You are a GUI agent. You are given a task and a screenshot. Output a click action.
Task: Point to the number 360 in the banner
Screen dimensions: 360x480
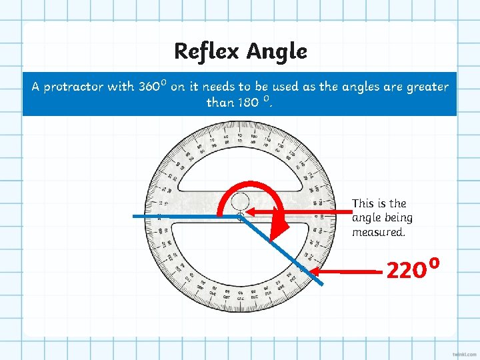[x=150, y=87]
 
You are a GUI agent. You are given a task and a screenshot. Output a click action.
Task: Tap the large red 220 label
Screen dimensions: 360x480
[x=405, y=271]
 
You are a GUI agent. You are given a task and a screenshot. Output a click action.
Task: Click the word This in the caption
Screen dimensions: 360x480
[x=363, y=203]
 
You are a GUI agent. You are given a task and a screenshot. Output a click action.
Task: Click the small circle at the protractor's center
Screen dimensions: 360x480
[x=240, y=201]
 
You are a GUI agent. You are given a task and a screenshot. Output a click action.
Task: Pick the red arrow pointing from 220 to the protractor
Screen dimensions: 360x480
[x=347, y=271]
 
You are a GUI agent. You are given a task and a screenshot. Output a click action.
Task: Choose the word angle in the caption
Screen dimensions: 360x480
[x=366, y=218]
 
